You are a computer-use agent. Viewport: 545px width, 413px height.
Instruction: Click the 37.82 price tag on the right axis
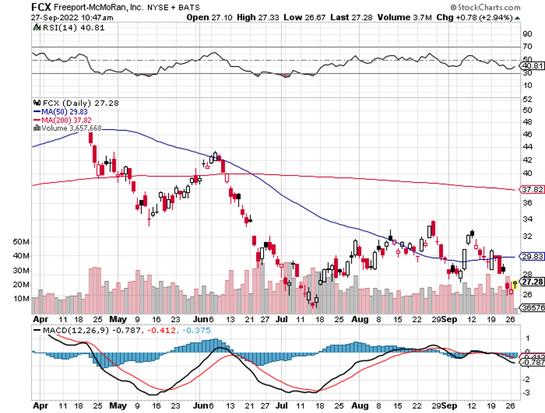pyautogui.click(x=531, y=189)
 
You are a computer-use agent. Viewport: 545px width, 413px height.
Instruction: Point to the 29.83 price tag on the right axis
pyautogui.click(x=531, y=256)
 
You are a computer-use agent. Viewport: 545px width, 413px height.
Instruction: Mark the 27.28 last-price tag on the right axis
pyautogui.click(x=532, y=282)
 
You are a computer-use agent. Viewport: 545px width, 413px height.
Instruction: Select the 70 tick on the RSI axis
pyautogui.click(x=526, y=47)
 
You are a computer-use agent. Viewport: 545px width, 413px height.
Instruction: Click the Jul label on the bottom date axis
pyautogui.click(x=281, y=319)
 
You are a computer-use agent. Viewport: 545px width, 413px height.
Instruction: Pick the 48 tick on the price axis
pyautogui.click(x=526, y=122)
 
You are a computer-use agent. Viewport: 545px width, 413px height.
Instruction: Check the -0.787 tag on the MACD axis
pyautogui.click(x=531, y=363)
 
